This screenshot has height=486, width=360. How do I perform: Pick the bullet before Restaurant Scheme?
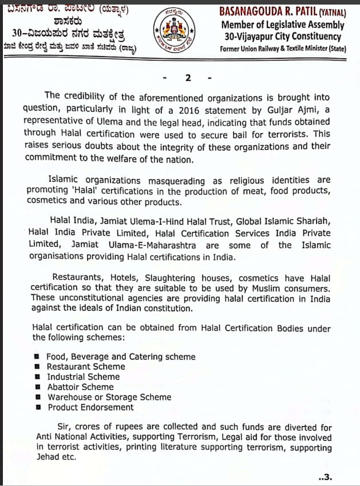point(37,367)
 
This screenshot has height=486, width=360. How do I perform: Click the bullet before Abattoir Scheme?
point(37,387)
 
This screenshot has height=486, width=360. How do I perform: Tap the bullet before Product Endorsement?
point(37,408)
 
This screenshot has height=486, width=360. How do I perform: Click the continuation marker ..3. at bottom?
point(325,476)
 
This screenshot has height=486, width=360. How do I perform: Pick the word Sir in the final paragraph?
point(64,427)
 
